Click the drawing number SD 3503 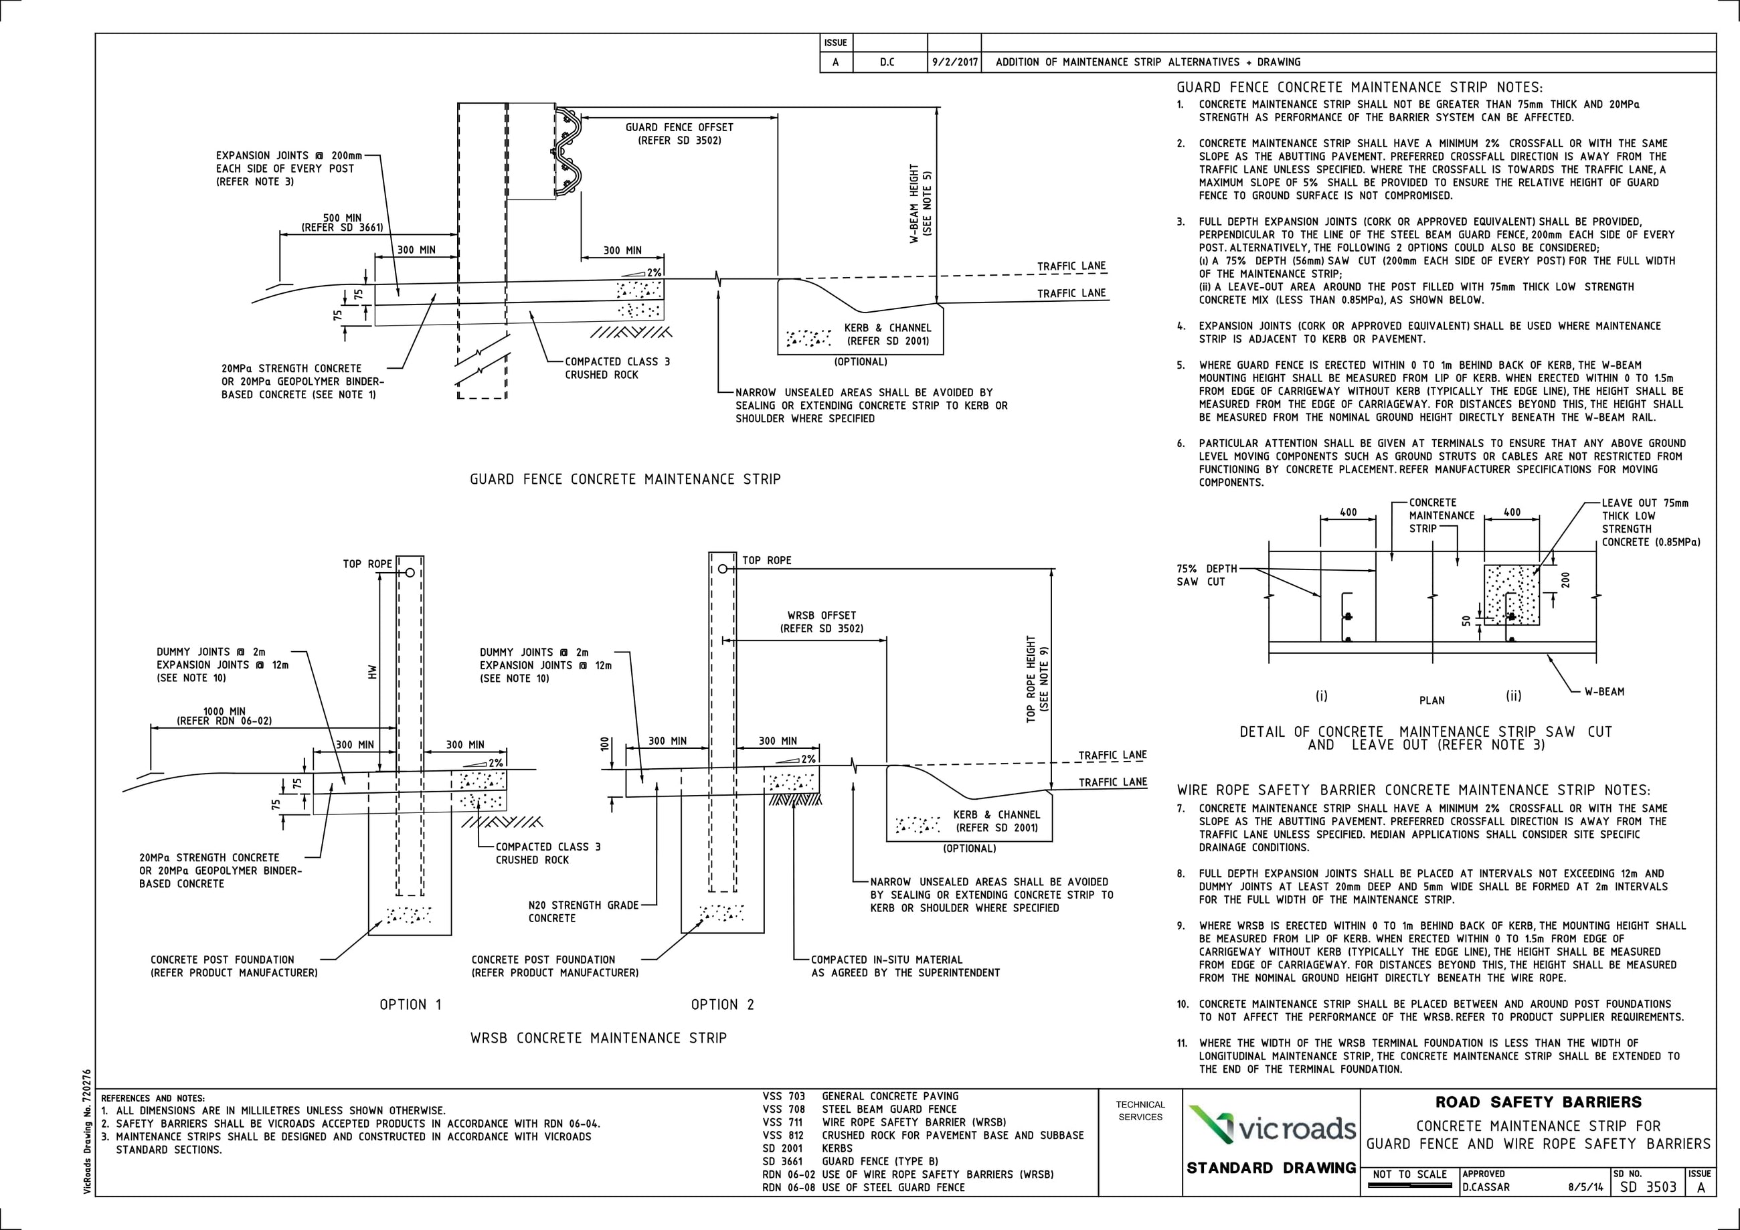tap(1648, 1187)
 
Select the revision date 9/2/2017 tap(954, 62)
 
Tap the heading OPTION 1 tap(410, 1005)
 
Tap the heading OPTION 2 tap(722, 1005)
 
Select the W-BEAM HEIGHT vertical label tap(921, 203)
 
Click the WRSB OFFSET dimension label tap(822, 622)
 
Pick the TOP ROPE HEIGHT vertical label tap(1037, 679)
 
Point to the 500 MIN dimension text tap(343, 222)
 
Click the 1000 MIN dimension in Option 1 tap(224, 715)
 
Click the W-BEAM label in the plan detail tap(1604, 691)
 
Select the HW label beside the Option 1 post tap(372, 671)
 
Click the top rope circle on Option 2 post tap(722, 568)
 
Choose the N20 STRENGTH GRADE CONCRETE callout tap(584, 911)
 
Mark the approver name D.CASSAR tap(1486, 1187)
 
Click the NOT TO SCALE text tap(1410, 1174)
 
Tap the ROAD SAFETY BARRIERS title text tap(1539, 1102)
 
